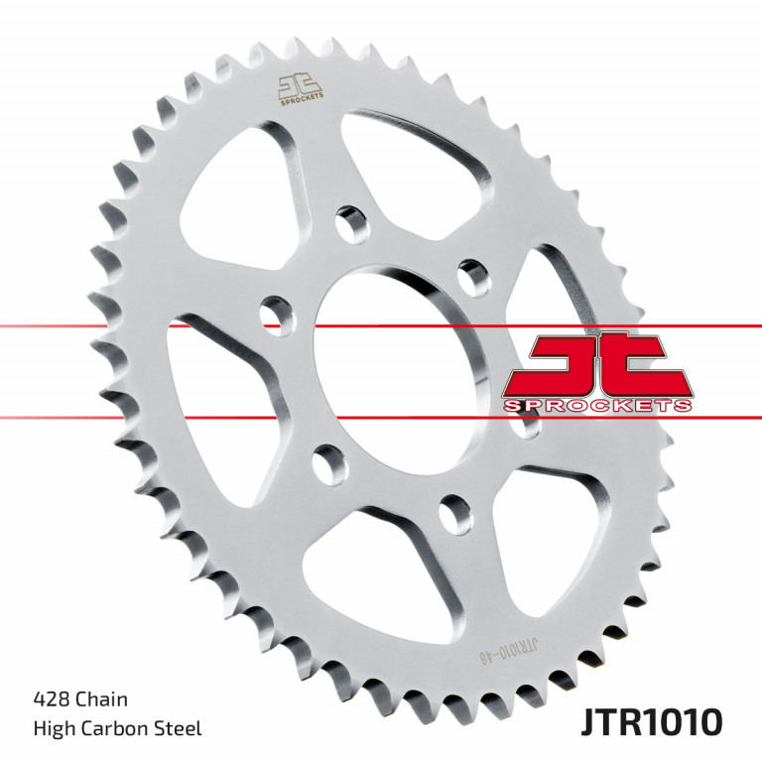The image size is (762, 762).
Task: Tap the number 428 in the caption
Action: (x=51, y=700)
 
